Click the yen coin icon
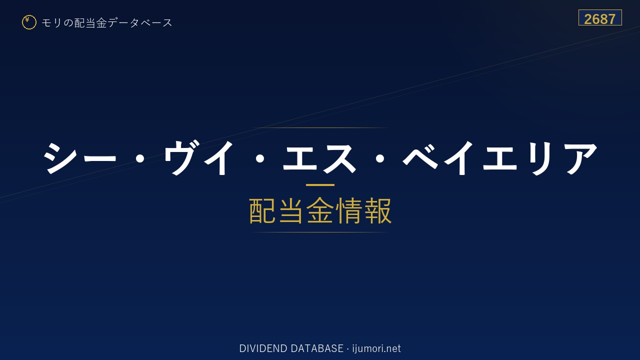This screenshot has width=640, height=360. click(29, 22)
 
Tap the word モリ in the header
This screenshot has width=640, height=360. click(51, 22)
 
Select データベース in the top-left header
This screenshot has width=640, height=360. click(140, 22)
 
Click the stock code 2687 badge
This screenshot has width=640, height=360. click(600, 17)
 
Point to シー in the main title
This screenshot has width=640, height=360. click(80, 157)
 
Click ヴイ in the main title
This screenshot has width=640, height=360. click(199, 157)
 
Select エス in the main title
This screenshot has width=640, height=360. click(319, 158)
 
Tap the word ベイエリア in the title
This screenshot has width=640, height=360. click(500, 157)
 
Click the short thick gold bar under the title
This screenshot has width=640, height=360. click(320, 185)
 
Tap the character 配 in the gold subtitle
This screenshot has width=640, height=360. click(262, 210)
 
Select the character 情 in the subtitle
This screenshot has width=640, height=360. click(348, 210)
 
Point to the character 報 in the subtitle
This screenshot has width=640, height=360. click(377, 210)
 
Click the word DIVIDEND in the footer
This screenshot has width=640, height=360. click(263, 348)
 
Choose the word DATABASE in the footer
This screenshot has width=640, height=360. click(317, 348)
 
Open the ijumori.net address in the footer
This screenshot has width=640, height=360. click(376, 349)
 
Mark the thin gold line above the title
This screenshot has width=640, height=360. click(320, 127)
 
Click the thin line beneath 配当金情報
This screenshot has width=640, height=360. click(320, 232)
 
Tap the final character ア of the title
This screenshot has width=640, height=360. click(580, 158)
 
